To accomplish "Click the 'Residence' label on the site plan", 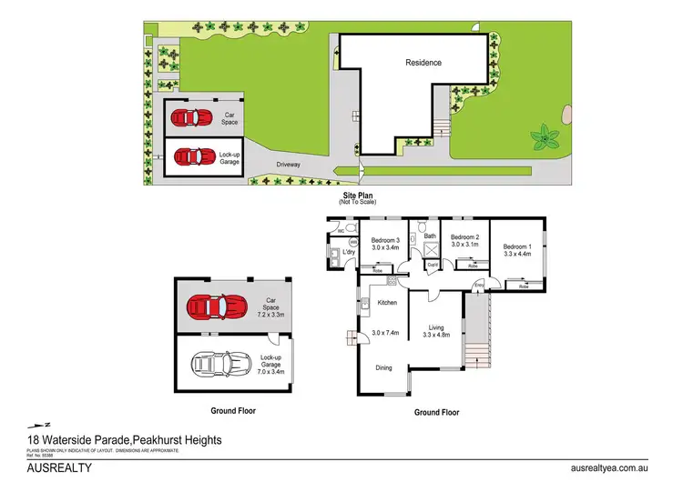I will pos(423,63).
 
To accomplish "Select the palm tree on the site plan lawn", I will pos(546,138).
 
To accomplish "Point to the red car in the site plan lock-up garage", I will pos(189,156).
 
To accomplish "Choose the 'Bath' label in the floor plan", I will pos(430,236).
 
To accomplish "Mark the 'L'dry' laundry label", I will pos(348,251).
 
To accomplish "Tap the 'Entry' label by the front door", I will pos(479,286).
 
